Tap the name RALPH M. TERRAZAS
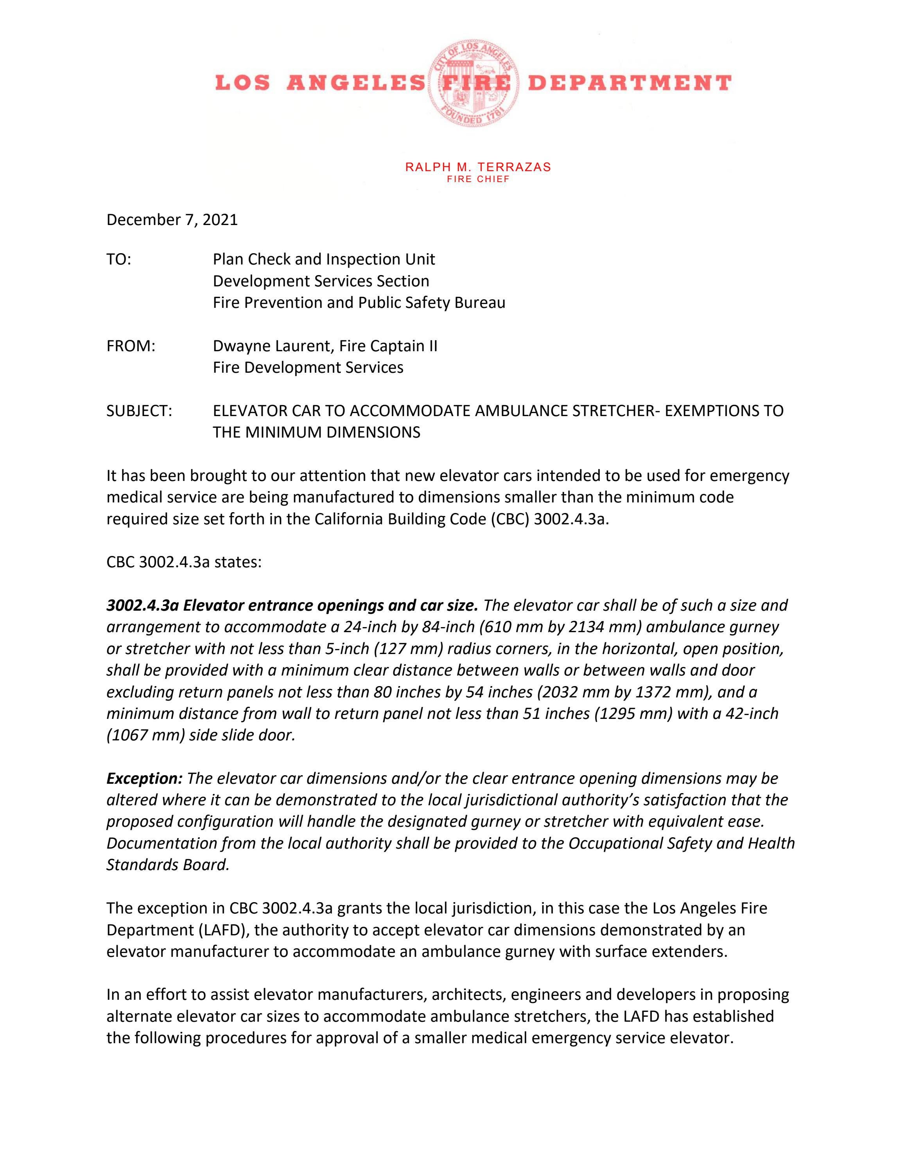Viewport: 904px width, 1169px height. click(x=478, y=167)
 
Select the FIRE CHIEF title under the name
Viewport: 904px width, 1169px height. click(x=478, y=179)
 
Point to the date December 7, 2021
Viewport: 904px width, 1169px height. click(x=172, y=220)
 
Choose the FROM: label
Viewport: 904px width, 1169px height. click(x=131, y=346)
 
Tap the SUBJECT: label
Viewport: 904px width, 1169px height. click(x=139, y=411)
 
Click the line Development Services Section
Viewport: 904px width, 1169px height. click(x=321, y=281)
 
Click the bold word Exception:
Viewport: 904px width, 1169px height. click(x=145, y=778)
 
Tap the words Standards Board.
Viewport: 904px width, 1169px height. click(x=168, y=865)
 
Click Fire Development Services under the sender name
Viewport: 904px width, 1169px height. click(x=308, y=368)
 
